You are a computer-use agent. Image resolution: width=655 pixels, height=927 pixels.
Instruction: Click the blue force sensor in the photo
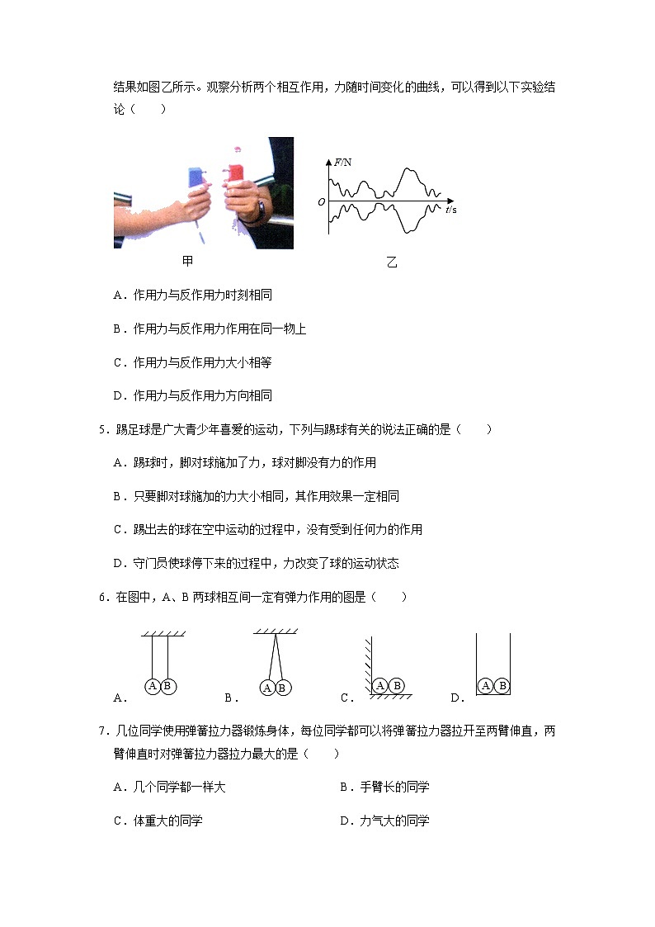[x=196, y=177]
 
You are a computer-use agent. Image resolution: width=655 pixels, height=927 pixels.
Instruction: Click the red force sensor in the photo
[x=235, y=173]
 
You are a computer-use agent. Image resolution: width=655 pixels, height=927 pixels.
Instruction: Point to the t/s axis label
[x=450, y=210]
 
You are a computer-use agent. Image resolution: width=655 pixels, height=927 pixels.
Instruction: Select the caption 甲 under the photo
[x=188, y=262]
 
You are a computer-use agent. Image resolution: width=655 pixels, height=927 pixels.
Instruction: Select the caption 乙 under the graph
[x=391, y=262]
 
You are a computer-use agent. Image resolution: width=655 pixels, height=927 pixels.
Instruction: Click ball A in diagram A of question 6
[x=153, y=686]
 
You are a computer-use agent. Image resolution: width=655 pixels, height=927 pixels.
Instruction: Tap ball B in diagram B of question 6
[x=281, y=688]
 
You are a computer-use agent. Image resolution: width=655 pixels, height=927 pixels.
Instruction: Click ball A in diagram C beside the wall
[x=380, y=685]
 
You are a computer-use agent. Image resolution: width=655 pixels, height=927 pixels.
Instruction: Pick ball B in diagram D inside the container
[x=502, y=686]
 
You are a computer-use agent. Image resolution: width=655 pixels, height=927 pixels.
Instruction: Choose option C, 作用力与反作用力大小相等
[x=192, y=362]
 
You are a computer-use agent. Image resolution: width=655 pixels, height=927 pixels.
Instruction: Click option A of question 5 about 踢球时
[x=244, y=463]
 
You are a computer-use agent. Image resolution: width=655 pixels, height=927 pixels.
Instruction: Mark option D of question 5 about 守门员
[x=256, y=563]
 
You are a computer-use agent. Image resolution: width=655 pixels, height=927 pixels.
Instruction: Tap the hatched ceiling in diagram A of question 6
[x=163, y=634]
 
